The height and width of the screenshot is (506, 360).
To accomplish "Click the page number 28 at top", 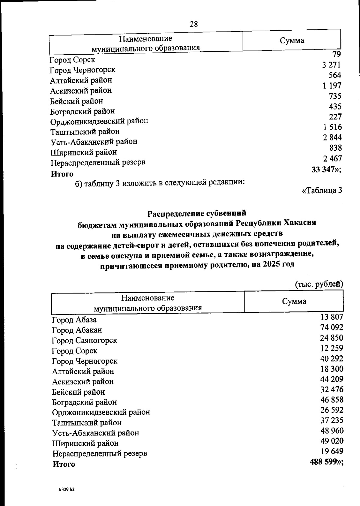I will point(194,24).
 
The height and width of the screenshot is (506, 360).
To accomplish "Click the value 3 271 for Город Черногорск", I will point(331,65).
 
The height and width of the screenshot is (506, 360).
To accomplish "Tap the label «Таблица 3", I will point(322,191).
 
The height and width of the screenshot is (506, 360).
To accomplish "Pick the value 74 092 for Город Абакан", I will point(331,327).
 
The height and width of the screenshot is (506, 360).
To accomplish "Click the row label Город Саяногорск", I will point(84,341).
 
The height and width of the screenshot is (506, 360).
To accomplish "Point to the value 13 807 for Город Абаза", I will point(331,317).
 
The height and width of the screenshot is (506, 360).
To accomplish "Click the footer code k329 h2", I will point(67,489).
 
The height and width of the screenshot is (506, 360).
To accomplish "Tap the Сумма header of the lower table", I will point(294,302).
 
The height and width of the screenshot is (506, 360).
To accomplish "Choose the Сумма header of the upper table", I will point(292,41).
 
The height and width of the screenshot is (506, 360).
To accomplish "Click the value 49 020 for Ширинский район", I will point(331,441).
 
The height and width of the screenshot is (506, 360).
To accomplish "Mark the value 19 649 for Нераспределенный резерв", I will point(331,451).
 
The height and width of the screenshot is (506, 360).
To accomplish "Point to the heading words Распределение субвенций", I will point(197,213).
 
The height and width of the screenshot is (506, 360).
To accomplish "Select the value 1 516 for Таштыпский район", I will point(332,127).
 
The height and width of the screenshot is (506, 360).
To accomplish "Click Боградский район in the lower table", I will point(84,402).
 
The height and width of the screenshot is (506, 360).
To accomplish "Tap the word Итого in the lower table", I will point(64,464).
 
